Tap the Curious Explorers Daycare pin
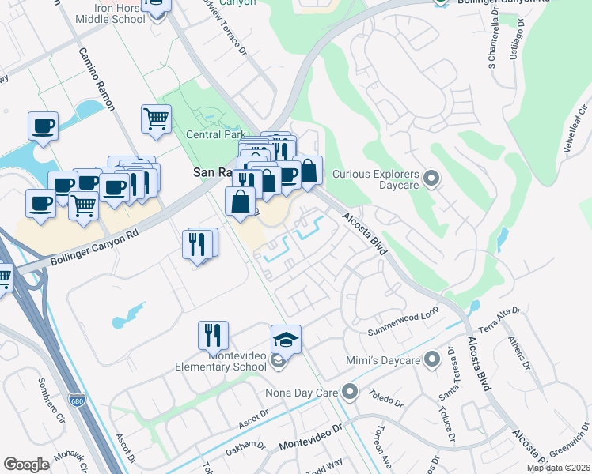[431, 179]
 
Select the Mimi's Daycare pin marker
[431, 360]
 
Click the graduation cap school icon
[286, 340]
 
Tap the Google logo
[26, 465]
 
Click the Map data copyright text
[558, 468]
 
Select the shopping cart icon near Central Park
[156, 119]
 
